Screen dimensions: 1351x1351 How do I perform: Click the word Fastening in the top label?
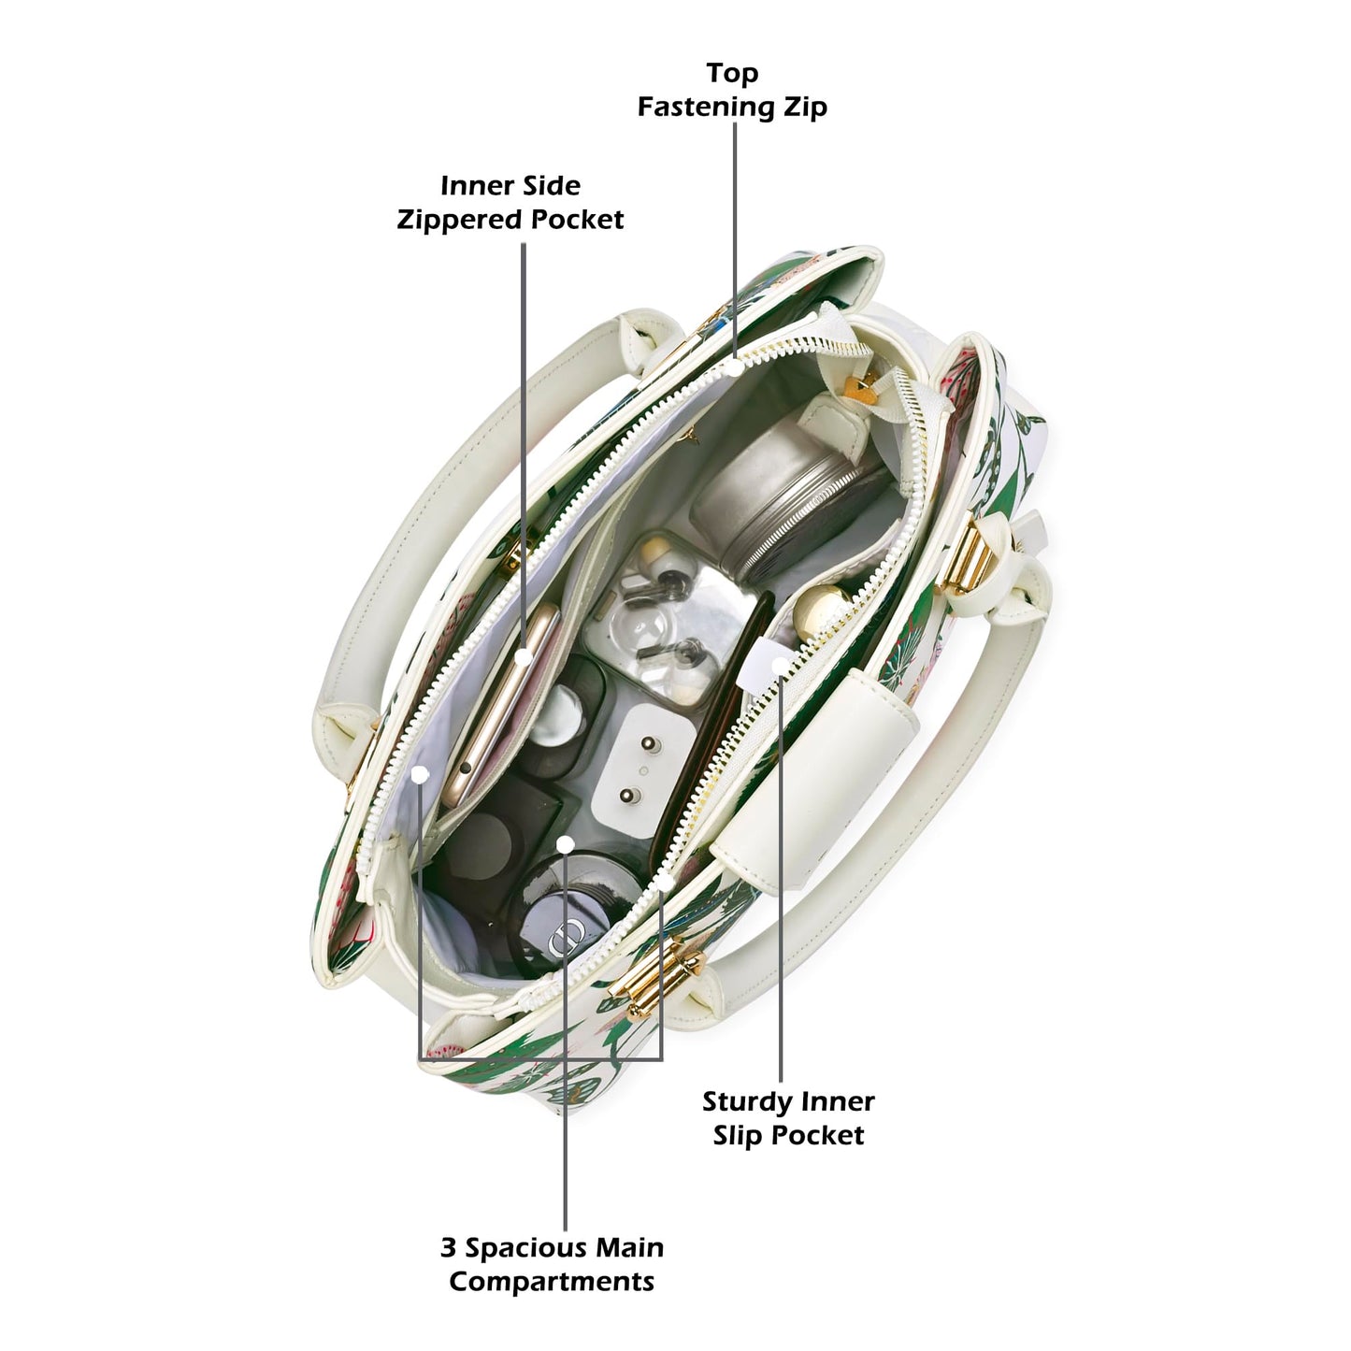tap(706, 108)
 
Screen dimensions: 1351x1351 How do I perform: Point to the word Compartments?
tap(552, 1282)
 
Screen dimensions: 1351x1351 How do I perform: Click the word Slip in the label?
tap(739, 1136)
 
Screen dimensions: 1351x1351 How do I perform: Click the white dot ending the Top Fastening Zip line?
tap(734, 366)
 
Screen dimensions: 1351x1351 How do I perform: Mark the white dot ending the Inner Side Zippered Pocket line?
tap(523, 657)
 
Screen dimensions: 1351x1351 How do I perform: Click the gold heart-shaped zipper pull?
tap(861, 388)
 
